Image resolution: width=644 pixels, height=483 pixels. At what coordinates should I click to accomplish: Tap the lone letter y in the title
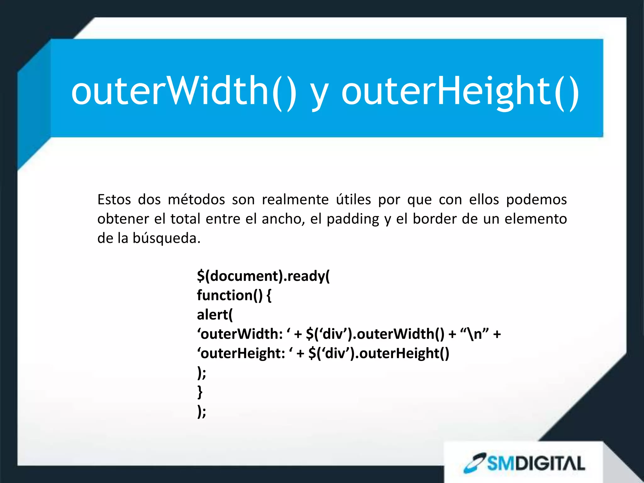(x=319, y=94)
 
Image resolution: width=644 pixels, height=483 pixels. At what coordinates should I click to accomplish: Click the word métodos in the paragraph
(x=196, y=200)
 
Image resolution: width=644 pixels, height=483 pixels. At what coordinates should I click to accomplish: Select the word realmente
(x=295, y=200)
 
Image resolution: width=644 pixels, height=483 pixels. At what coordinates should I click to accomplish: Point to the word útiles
(x=353, y=200)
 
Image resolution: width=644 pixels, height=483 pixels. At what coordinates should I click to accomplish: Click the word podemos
(x=536, y=200)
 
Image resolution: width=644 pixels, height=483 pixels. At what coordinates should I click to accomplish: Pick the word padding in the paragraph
(x=353, y=219)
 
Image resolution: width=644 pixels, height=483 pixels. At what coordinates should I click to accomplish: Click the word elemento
(x=536, y=219)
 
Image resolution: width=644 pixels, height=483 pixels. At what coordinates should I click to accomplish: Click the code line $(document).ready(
(x=263, y=276)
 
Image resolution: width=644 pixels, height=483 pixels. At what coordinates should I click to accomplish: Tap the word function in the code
(x=225, y=296)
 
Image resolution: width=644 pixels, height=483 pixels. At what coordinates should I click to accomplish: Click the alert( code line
(x=215, y=315)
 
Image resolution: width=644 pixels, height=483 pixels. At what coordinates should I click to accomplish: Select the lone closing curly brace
(x=200, y=392)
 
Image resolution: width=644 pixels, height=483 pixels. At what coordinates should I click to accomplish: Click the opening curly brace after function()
(x=269, y=296)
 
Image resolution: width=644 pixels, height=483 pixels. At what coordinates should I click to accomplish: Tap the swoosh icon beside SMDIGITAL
(x=475, y=463)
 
